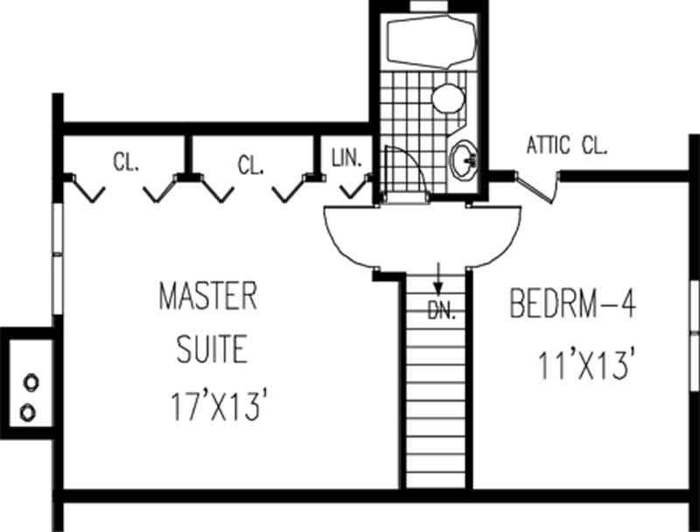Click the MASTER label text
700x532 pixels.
pos(207,296)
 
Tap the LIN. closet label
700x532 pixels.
pos(353,158)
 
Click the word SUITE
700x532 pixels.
pos(212,350)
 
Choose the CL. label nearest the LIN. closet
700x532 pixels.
pos(250,164)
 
